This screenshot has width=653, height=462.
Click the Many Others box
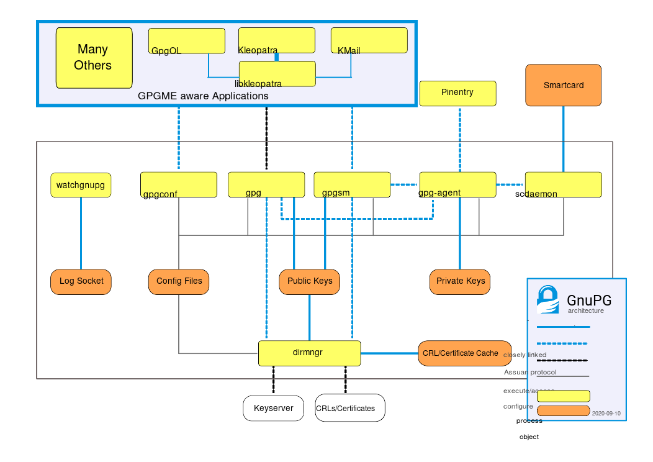point(94,58)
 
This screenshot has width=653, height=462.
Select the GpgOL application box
point(186,41)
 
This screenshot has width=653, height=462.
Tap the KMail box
point(369,41)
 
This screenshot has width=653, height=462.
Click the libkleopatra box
point(277,73)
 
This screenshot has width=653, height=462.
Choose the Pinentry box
point(457,93)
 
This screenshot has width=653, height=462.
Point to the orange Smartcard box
point(563,85)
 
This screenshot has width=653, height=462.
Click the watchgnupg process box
point(80,185)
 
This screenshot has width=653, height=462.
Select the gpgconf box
point(179,184)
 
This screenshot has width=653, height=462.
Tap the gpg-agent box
point(458,184)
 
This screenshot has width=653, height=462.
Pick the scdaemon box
point(563,184)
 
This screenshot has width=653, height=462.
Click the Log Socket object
point(81,281)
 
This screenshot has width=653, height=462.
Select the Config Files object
point(179,281)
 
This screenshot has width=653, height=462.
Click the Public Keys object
point(310,281)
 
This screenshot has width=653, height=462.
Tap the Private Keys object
point(460,281)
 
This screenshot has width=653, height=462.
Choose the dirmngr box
point(309,353)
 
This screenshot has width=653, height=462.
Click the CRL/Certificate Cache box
point(464,353)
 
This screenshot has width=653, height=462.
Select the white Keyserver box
point(273,409)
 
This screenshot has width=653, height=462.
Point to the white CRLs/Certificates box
point(349,409)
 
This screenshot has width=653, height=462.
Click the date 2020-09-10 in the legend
point(606,413)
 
